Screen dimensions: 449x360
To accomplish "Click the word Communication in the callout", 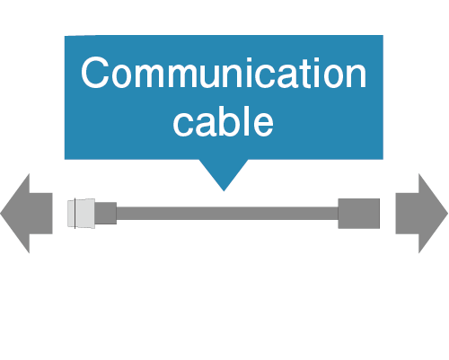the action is pos(224,73).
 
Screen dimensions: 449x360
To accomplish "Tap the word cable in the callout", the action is pos(224,121).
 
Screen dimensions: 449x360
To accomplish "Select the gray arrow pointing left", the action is pos(26,214).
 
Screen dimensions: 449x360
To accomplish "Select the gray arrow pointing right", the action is pos(422,214).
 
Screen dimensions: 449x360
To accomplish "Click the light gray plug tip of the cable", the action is pos(81,214).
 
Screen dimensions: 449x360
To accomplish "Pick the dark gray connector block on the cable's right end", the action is pos(359,214).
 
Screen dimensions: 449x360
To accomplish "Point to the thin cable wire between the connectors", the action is pos(227,214).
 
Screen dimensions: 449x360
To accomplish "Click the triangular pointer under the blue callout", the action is pos(224,175).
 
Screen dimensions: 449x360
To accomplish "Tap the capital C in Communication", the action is pos(94,73).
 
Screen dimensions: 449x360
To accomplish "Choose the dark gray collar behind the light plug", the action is pos(106,213).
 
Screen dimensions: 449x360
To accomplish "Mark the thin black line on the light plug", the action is pos(75,214).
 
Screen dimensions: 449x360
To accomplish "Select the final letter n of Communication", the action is pos(357,76).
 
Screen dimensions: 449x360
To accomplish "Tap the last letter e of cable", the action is pos(262,125).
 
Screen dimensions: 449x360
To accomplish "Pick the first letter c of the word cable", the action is pos(183,125).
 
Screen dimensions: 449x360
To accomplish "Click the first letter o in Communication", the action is pos(122,76).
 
